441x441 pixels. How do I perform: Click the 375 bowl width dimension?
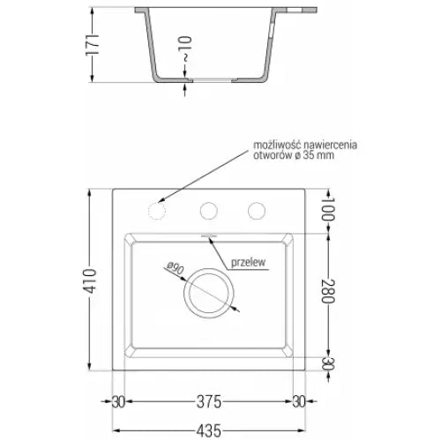(208, 401)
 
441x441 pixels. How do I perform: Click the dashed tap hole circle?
(158, 212)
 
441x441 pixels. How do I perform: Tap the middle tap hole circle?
(209, 211)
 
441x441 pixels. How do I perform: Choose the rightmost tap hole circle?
(257, 211)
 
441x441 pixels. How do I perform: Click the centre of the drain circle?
(209, 292)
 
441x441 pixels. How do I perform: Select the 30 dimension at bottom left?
(118, 401)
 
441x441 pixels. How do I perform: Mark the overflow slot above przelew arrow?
(209, 235)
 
